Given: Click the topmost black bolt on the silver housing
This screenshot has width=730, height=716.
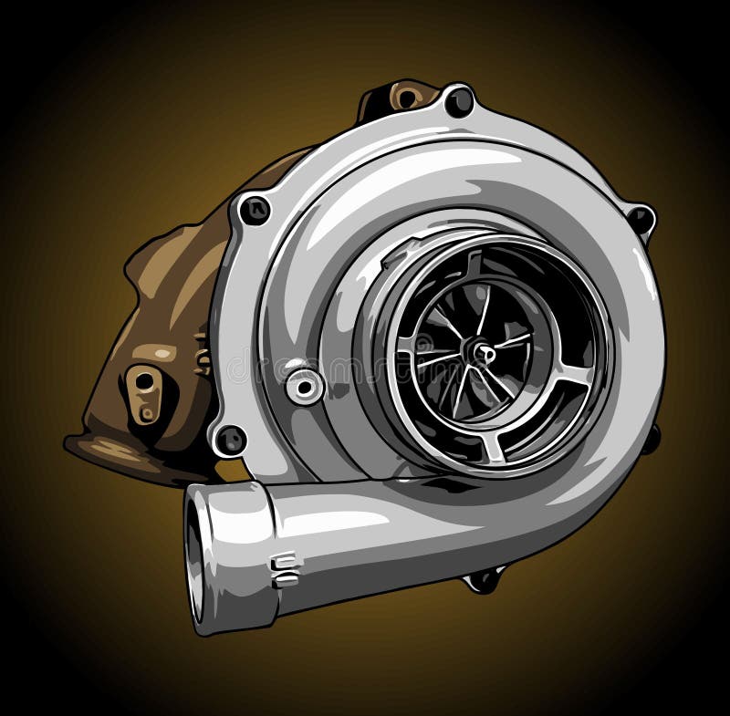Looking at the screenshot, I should click(459, 101).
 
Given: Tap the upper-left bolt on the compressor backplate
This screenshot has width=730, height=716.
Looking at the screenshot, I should click(254, 210).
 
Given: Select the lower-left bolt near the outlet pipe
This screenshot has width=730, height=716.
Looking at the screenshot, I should click(229, 441).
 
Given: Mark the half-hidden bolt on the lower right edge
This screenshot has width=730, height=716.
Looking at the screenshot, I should click(650, 439).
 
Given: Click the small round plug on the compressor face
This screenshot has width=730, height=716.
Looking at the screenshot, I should click(304, 385).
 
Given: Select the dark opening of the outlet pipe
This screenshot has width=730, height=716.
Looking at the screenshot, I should click(194, 557).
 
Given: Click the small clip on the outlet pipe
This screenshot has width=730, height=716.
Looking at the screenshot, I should click(285, 569).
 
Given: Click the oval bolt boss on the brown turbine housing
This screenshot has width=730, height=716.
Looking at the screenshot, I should click(143, 392).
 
